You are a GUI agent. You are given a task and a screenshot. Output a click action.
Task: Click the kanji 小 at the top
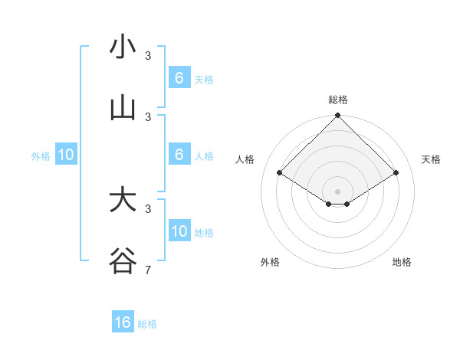pyautogui.click(x=123, y=47)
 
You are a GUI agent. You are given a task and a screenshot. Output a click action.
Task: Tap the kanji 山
pyautogui.click(x=123, y=109)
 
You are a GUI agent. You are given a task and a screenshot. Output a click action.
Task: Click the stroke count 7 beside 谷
pyautogui.click(x=147, y=270)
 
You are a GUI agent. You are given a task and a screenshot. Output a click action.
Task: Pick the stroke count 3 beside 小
pyautogui.click(x=148, y=55)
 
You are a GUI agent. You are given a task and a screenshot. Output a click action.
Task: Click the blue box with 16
pyautogui.click(x=123, y=322)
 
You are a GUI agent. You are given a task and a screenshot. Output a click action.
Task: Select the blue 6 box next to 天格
pyautogui.click(x=179, y=78)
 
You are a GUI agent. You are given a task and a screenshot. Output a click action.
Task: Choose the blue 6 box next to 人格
pyautogui.click(x=179, y=155)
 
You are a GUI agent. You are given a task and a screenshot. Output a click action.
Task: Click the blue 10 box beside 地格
pyautogui.click(x=179, y=231)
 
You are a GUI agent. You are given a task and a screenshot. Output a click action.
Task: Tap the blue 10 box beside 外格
pyautogui.click(x=66, y=155)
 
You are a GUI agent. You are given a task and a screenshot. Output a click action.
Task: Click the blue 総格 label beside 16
pyautogui.click(x=147, y=324)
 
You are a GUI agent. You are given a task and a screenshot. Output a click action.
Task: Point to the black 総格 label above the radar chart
pyautogui.click(x=337, y=100)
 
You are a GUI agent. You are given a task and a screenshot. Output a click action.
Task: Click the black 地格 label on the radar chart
pyautogui.click(x=402, y=262)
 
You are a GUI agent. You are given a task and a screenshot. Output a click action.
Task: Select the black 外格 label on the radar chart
pyautogui.click(x=270, y=262)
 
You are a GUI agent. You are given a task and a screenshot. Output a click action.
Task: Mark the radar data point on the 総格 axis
pyautogui.click(x=337, y=116)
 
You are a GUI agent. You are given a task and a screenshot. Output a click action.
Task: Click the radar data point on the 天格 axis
pyautogui.click(x=396, y=173)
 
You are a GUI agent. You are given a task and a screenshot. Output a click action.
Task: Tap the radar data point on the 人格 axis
pyautogui.click(x=279, y=173)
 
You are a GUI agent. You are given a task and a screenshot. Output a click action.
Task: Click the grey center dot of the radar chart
pyautogui.click(x=337, y=191)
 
